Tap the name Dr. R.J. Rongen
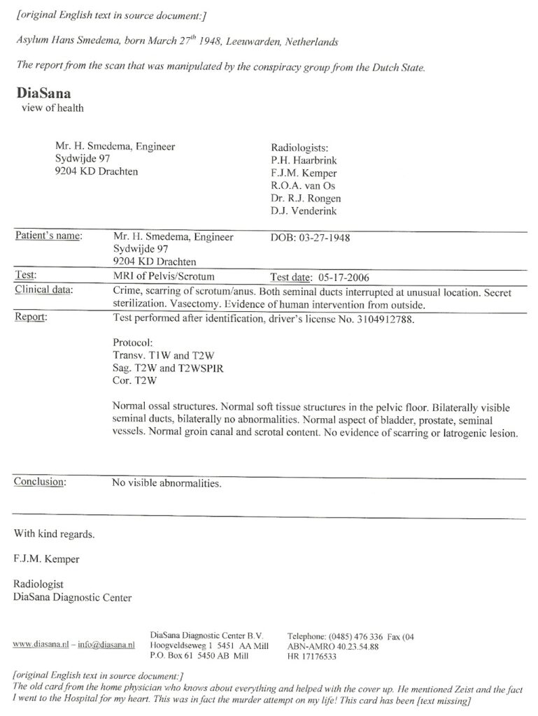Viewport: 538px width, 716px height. (x=306, y=199)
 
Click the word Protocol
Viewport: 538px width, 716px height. (x=132, y=343)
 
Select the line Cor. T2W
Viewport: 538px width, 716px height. (x=135, y=380)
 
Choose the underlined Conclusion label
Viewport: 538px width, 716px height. (x=40, y=482)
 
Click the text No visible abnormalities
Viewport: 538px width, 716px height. (x=167, y=482)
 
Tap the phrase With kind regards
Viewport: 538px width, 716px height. (x=55, y=534)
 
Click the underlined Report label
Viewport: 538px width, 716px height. (x=30, y=315)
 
